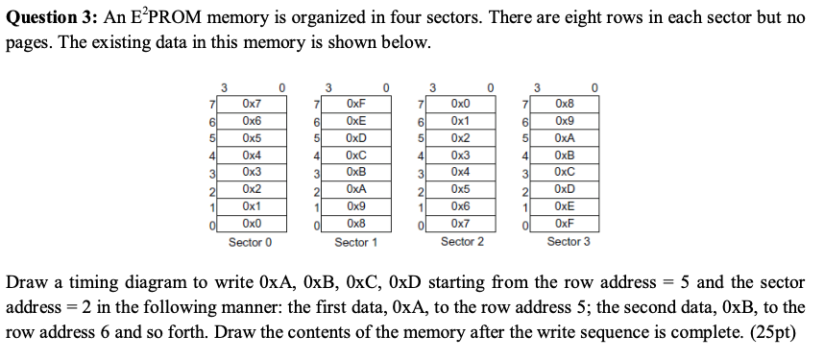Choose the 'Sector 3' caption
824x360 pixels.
point(568,242)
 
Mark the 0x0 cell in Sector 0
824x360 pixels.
point(251,225)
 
